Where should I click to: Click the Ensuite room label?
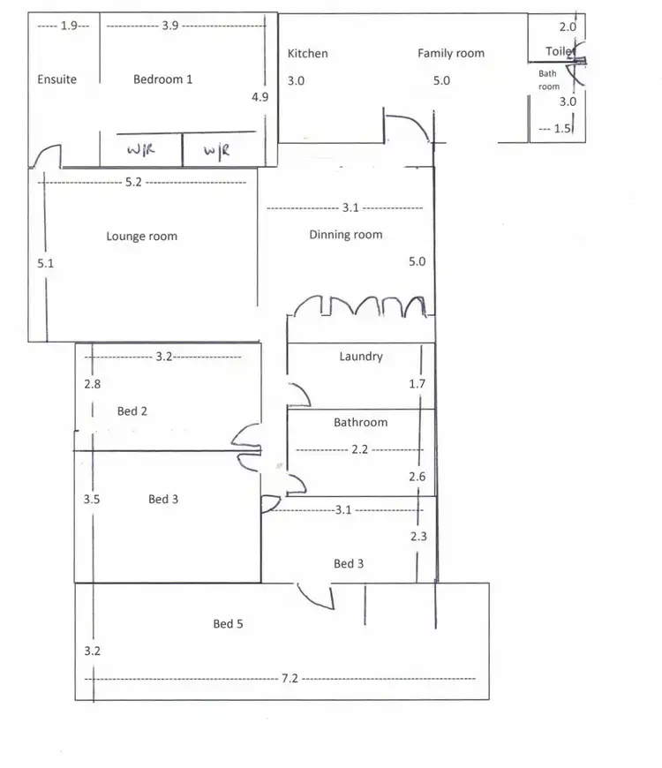[x=56, y=79]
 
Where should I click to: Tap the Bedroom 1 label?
[x=163, y=79]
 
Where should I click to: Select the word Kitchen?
[x=307, y=54]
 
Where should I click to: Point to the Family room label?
[x=451, y=54]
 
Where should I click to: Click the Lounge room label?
[x=141, y=237]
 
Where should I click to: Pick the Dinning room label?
[x=345, y=235]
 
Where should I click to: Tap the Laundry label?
[x=361, y=357]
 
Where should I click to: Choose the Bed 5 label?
[x=228, y=624]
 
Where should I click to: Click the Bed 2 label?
[x=132, y=411]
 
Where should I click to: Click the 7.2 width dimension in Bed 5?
[x=290, y=678]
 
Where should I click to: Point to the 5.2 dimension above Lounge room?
[x=133, y=183]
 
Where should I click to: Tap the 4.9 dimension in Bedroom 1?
[x=260, y=97]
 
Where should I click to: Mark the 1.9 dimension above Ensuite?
[x=70, y=26]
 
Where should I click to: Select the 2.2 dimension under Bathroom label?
[x=359, y=449]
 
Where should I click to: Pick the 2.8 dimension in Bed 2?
[x=93, y=384]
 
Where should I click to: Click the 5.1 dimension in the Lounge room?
[x=46, y=263]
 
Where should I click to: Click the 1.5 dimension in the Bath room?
[x=562, y=129]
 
